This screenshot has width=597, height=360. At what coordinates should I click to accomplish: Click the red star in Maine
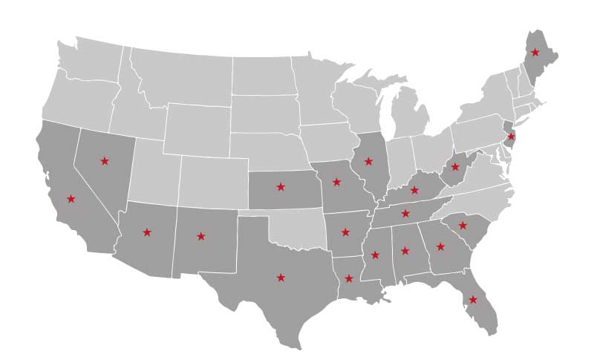pyautogui.click(x=535, y=52)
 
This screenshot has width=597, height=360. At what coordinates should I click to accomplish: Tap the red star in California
pyautogui.click(x=71, y=198)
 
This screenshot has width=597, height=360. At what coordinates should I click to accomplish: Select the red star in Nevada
pyautogui.click(x=104, y=160)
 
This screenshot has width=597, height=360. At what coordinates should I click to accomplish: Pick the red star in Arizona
pyautogui.click(x=147, y=232)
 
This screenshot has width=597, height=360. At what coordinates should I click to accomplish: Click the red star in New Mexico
pyautogui.click(x=200, y=237)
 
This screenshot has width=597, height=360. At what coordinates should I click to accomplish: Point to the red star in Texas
pyautogui.click(x=281, y=278)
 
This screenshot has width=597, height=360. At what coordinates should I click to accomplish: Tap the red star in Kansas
pyautogui.click(x=281, y=186)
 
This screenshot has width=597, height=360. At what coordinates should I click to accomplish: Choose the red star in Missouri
pyautogui.click(x=336, y=182)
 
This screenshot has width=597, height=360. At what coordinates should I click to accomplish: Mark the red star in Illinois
pyautogui.click(x=368, y=161)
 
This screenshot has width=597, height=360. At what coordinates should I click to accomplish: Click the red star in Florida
pyautogui.click(x=473, y=300)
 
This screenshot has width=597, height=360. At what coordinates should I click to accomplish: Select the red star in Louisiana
pyautogui.click(x=348, y=278)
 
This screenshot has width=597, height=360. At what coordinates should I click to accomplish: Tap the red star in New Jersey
pyautogui.click(x=511, y=137)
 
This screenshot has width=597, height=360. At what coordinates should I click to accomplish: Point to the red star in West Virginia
pyautogui.click(x=455, y=167)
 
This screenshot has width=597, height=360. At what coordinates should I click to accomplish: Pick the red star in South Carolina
pyautogui.click(x=463, y=225)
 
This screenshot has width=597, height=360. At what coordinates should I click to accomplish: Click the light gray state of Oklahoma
pyautogui.click(x=297, y=227)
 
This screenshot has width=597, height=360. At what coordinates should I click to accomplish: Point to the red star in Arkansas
pyautogui.click(x=345, y=232)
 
